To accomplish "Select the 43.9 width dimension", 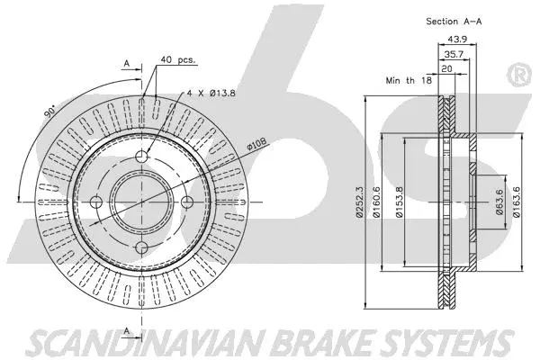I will (459, 38).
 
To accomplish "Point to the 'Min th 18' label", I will (409, 81).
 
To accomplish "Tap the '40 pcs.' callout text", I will (178, 60).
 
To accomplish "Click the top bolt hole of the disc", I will (143, 157).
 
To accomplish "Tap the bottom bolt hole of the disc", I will (143, 247).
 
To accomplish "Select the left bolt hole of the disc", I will (98, 202).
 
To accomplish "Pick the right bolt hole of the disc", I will (188, 202).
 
